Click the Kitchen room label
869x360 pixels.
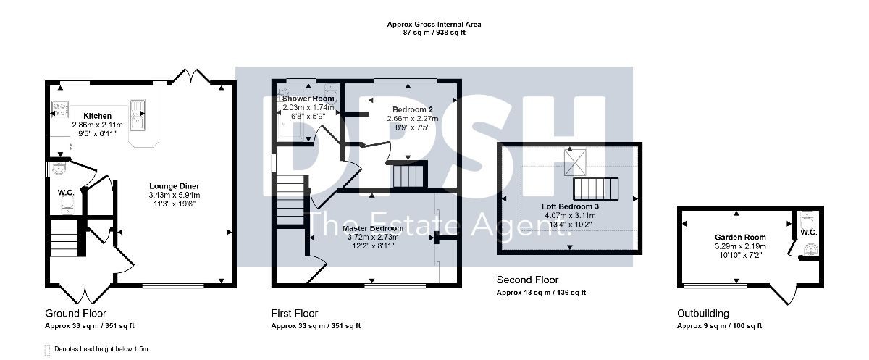point(97,116)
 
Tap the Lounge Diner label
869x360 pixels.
point(175,186)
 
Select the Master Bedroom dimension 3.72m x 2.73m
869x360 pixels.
point(373,237)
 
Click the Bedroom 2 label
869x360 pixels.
point(412,110)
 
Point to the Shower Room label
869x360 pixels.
point(308,99)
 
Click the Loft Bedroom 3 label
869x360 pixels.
point(571,206)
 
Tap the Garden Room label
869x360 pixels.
point(740,237)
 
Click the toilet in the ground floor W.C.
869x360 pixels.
point(67,204)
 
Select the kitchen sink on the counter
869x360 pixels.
point(138,115)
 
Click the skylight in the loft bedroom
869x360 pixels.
point(575,162)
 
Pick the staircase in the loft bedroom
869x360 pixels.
point(595,189)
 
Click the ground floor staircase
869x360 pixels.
point(64,238)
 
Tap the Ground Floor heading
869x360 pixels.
point(75,314)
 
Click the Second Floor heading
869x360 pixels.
point(528,280)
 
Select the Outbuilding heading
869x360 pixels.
point(703,314)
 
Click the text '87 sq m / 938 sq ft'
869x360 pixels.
point(434,33)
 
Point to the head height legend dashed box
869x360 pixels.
point(47,350)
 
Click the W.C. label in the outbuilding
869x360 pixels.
point(809,233)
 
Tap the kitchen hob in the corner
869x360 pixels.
point(60,108)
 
